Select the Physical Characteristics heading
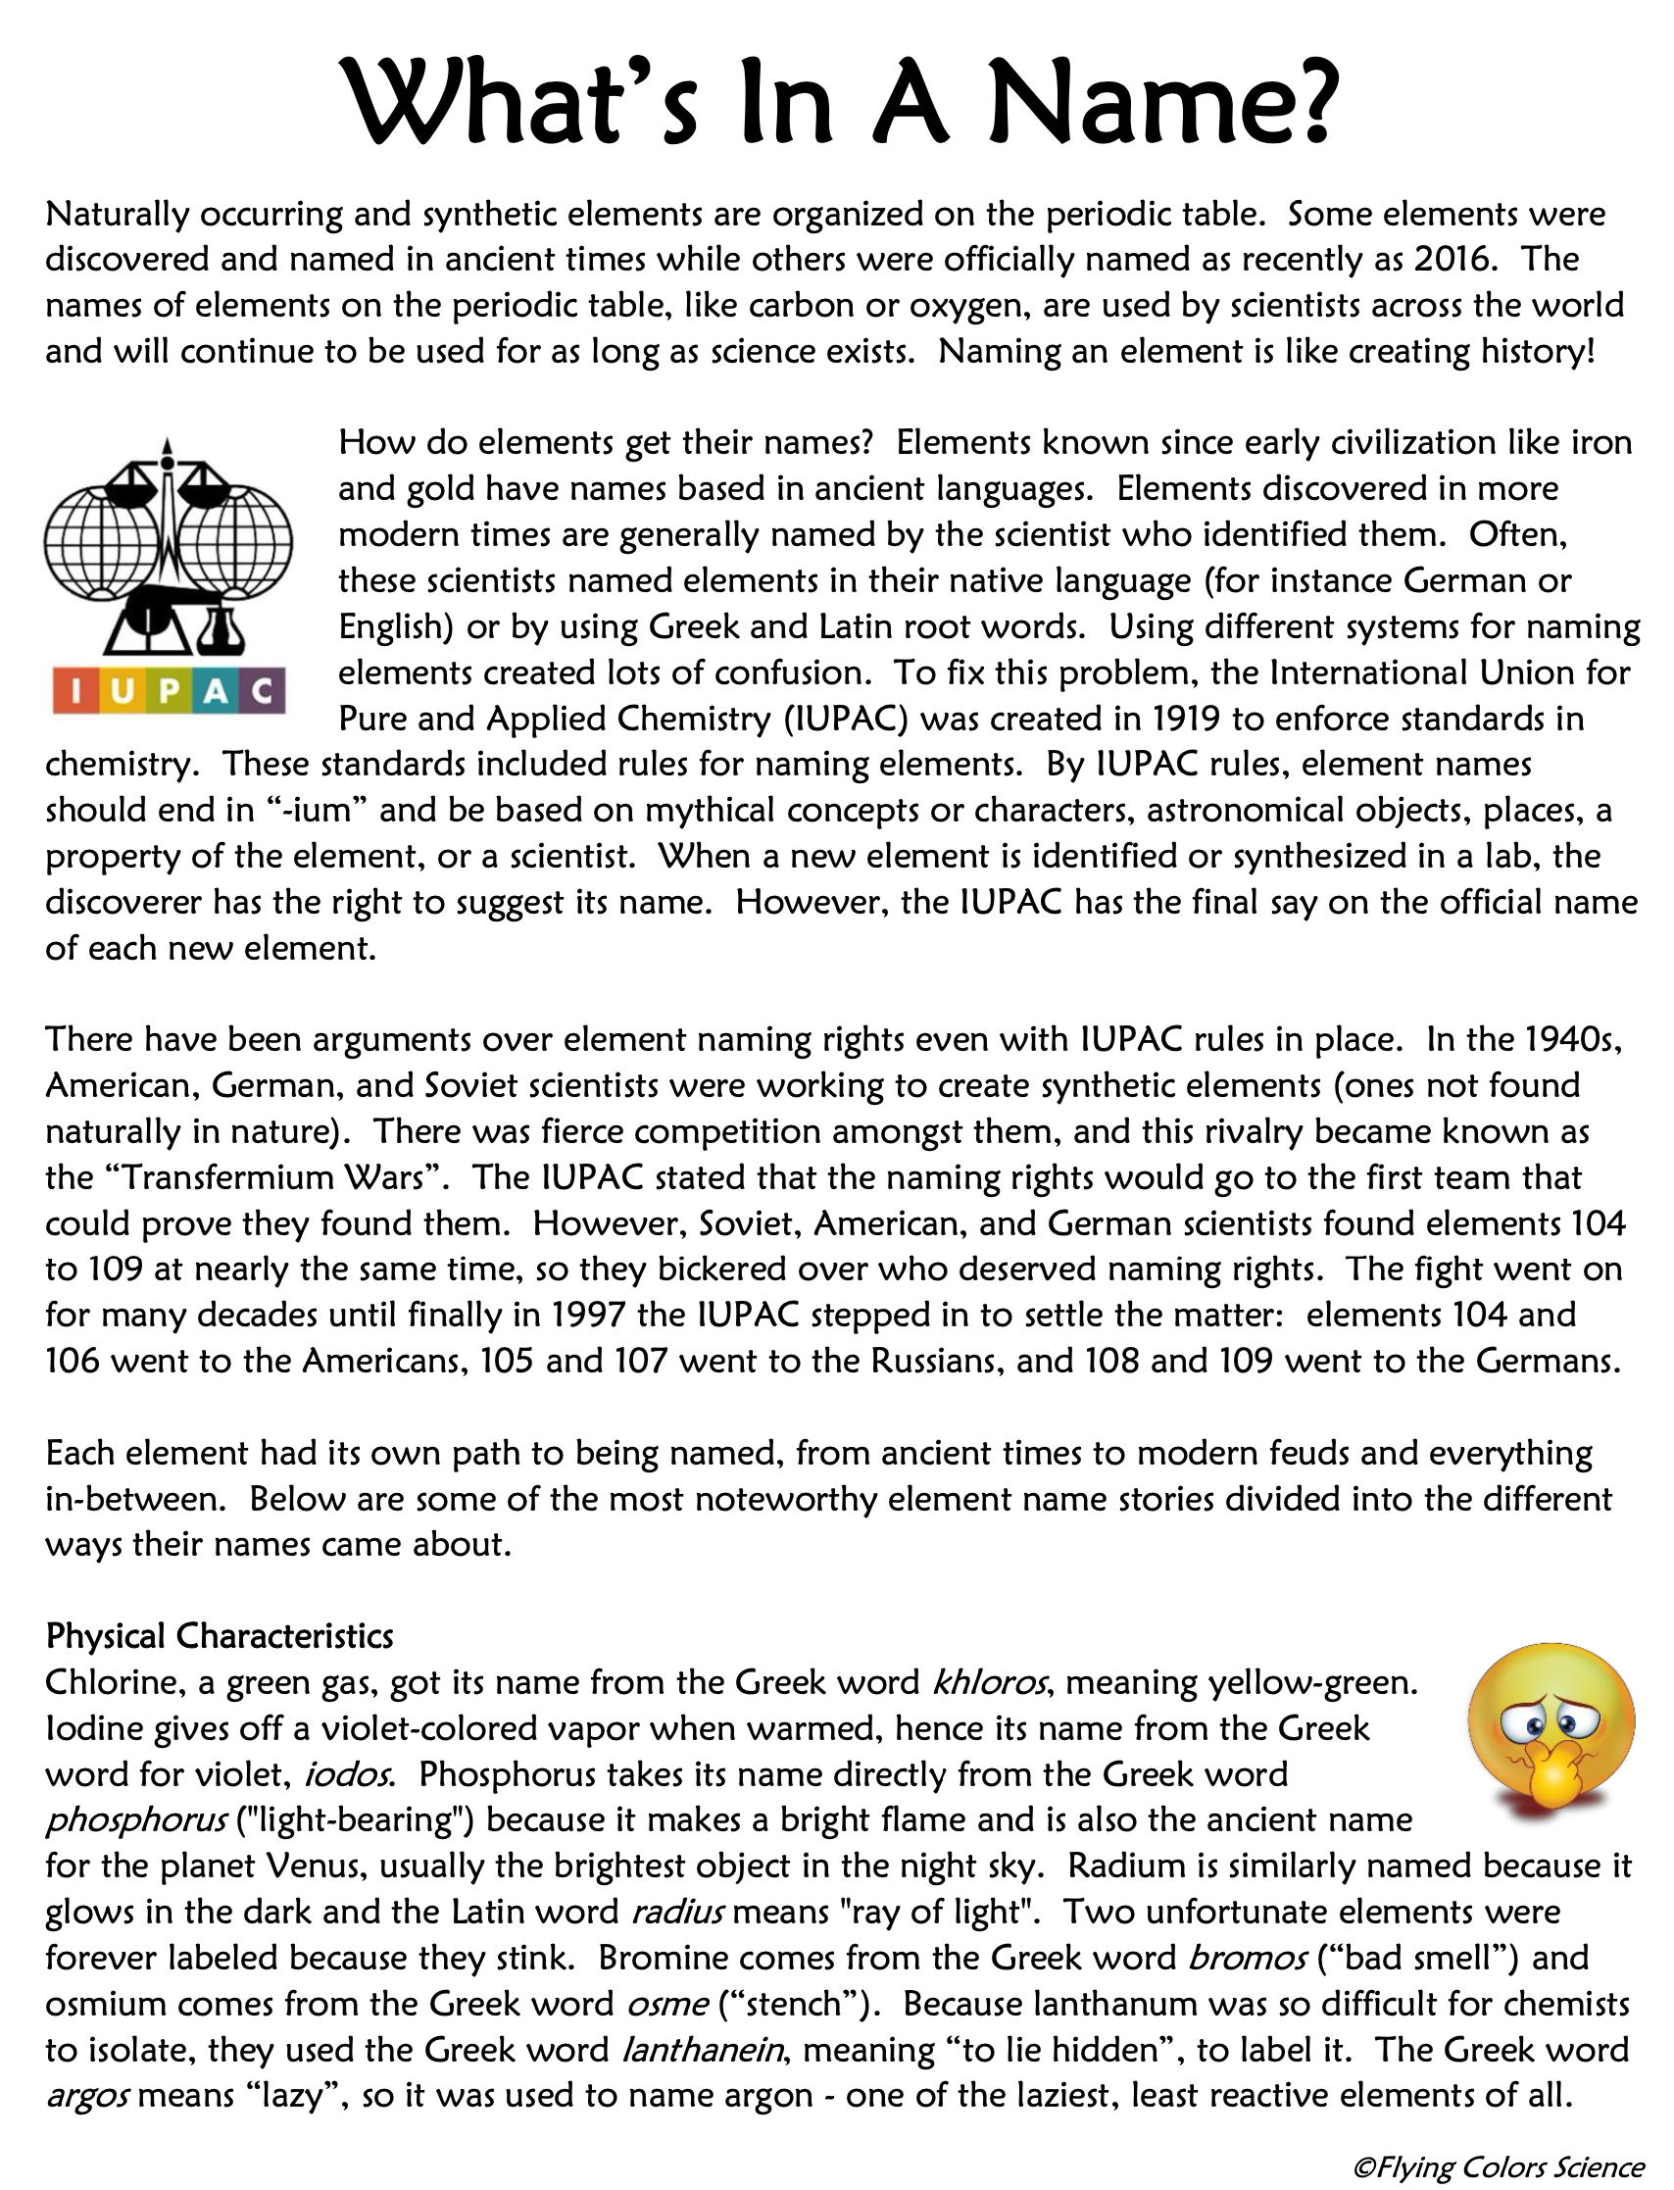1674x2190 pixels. [220, 1636]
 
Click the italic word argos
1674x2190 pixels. [86, 2095]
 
